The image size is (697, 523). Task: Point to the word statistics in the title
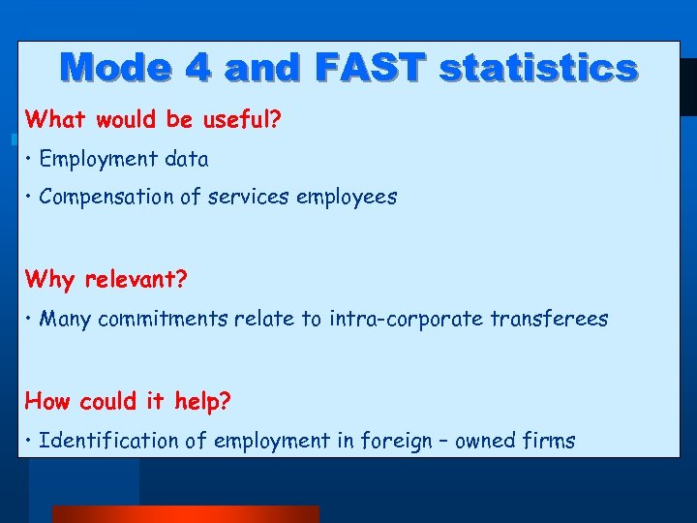[537, 69]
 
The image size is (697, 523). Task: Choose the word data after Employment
[185, 159]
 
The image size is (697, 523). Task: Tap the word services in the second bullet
[252, 197]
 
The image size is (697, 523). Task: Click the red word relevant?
[136, 280]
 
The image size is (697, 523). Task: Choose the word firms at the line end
[549, 441]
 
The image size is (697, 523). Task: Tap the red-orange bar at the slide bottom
[184, 514]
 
